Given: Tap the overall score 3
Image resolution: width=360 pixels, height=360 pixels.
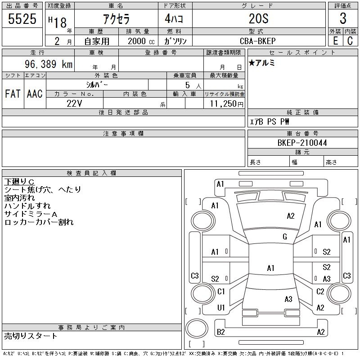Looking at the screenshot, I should pos(343,19).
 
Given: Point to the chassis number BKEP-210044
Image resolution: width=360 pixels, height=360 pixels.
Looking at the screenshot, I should pos(302,143).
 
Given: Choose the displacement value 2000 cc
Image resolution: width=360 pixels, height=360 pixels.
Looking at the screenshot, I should pos(139,40).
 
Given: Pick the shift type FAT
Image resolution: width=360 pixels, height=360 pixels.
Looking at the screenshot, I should pos(13,94).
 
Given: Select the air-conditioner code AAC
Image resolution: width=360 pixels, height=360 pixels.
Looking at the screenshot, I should pos(35,94).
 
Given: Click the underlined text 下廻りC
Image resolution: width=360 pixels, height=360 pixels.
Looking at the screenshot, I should pos(19,181).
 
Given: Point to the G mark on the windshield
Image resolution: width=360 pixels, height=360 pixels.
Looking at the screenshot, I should pos(285,237).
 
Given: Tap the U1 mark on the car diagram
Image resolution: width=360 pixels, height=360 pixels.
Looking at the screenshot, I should pos(221,307).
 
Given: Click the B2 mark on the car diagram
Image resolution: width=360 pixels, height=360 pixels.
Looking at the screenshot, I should pos(221,332).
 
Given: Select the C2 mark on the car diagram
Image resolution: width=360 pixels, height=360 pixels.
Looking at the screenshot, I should pos(320,292).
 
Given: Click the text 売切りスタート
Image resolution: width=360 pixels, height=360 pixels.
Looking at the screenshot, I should pos(31,336).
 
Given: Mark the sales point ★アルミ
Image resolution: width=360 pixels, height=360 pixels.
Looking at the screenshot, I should pos(262,63).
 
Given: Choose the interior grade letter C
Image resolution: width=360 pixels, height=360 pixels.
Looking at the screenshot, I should pos(350,40).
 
